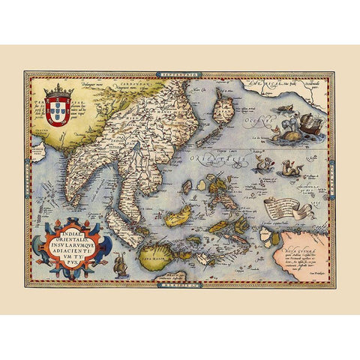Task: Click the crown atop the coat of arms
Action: pyautogui.click(x=59, y=91)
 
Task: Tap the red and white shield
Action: pyautogui.click(x=59, y=108)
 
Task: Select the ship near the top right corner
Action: pyautogui.click(x=308, y=121)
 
